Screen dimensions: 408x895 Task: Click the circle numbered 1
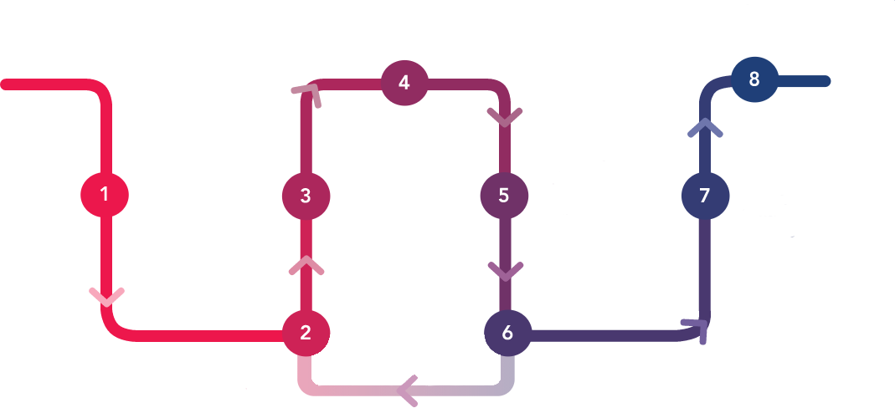click(105, 195)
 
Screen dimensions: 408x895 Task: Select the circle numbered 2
click(306, 333)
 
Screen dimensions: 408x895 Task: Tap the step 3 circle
click(306, 196)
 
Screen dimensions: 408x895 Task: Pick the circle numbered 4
click(404, 83)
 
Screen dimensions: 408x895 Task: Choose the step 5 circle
click(504, 196)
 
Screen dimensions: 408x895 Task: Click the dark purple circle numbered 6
click(507, 333)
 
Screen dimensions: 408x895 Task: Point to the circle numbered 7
click(704, 196)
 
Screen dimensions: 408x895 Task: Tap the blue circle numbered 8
click(754, 79)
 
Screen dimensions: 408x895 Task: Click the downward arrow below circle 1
click(106, 296)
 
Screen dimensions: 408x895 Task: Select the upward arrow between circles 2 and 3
click(306, 265)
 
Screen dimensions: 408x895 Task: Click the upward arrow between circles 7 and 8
click(705, 127)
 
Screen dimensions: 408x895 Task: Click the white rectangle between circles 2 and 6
click(406, 358)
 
